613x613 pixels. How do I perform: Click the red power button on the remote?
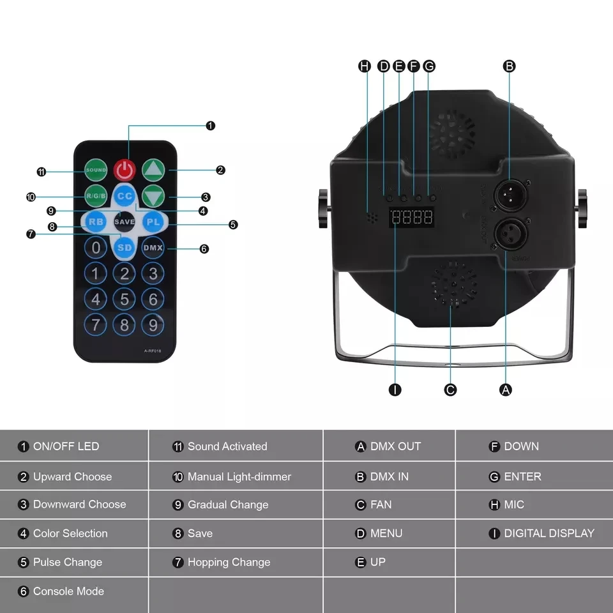[125, 170]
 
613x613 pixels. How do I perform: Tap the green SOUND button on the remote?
[96, 170]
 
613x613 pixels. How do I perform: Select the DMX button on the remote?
[153, 247]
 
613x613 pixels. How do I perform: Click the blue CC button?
[125, 197]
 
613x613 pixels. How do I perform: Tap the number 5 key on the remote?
[125, 299]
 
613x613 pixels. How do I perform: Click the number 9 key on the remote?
[153, 325]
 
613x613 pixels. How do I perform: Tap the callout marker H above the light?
[365, 66]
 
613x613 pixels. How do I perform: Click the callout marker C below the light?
[451, 390]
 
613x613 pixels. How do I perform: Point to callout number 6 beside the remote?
[204, 249]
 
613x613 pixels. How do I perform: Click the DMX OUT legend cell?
[389, 446]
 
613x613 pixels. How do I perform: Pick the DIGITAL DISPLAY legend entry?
[542, 533]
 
